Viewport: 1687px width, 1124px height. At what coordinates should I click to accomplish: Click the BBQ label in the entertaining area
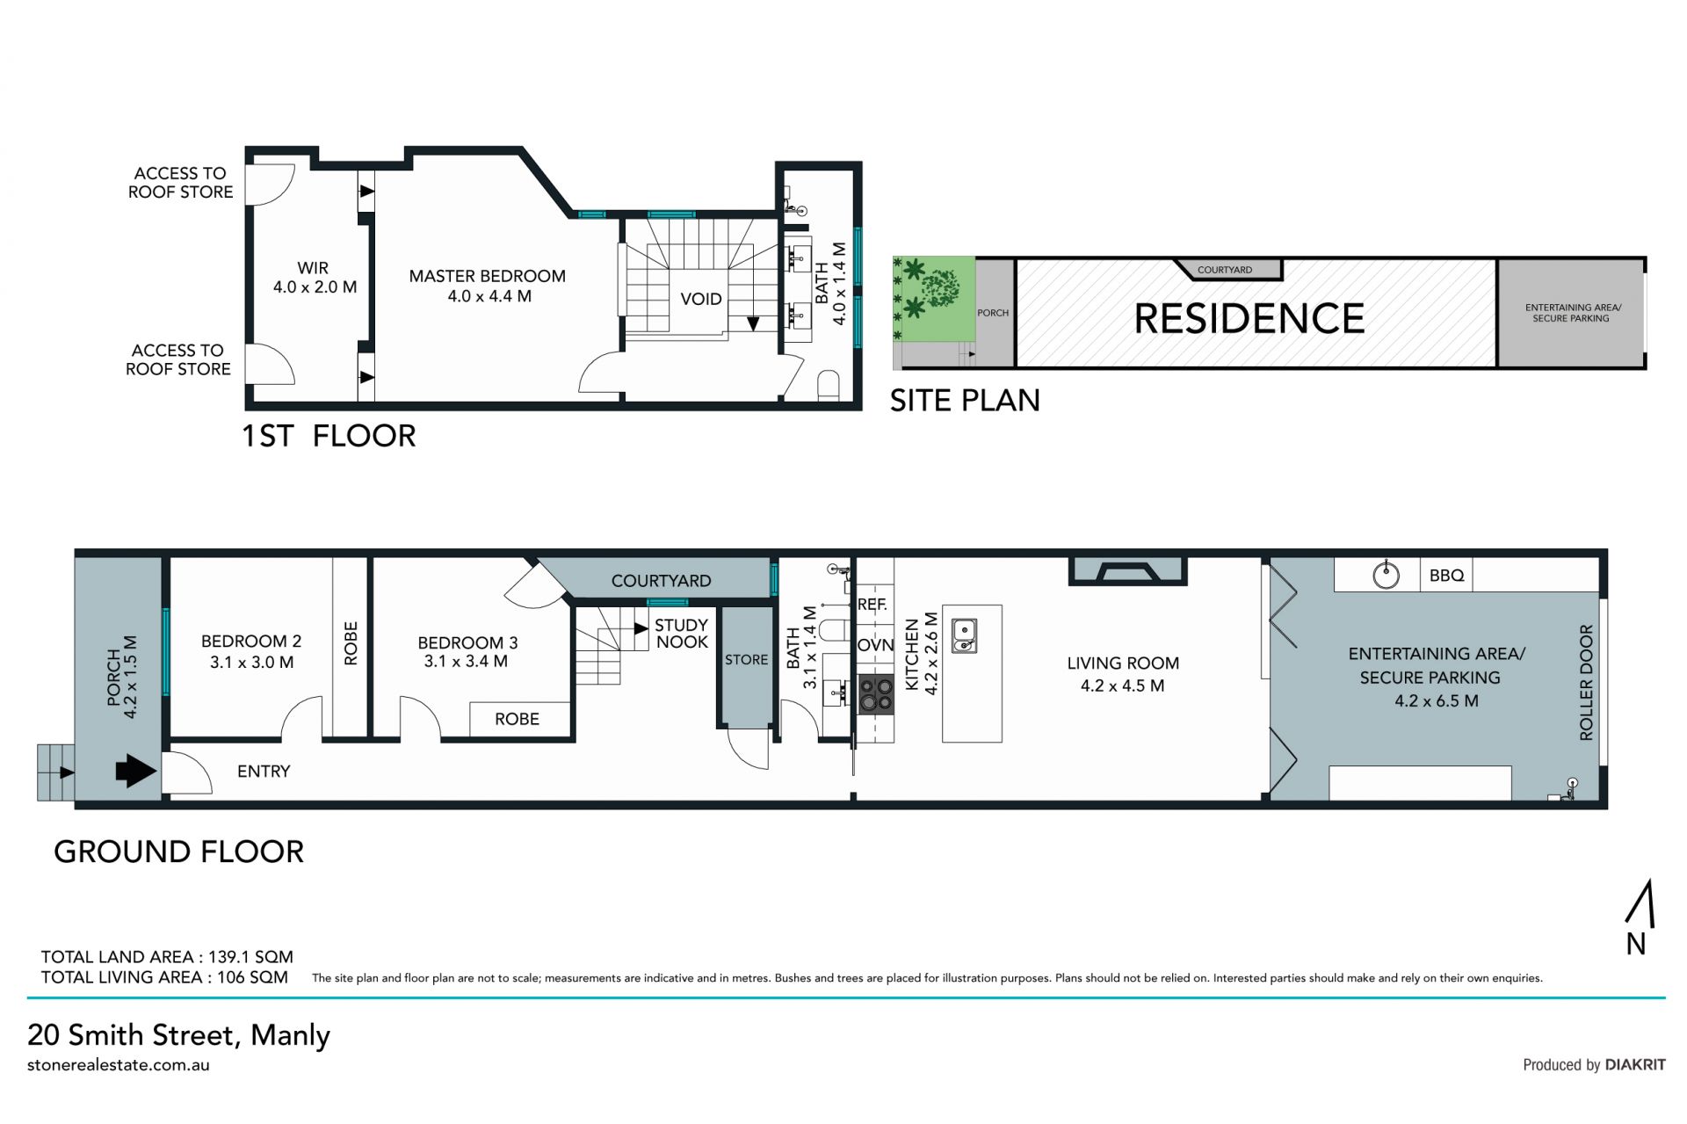[x=1446, y=576]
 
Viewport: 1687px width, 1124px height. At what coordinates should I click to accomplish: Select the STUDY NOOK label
[x=681, y=634]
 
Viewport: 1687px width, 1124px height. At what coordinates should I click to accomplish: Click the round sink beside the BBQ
[x=1386, y=575]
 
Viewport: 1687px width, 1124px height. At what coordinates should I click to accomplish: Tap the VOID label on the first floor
[x=701, y=299]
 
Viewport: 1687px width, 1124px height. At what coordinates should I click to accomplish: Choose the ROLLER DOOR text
[x=1586, y=682]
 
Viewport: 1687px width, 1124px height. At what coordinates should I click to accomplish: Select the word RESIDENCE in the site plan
[x=1249, y=318]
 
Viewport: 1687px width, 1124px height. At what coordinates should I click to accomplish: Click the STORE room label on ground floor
[x=746, y=660]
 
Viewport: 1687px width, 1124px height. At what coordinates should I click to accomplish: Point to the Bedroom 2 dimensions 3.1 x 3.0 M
[x=251, y=662]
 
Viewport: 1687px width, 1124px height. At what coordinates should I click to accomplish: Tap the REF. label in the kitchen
[x=872, y=605]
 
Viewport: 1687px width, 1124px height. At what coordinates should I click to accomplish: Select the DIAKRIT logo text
[x=1635, y=1064]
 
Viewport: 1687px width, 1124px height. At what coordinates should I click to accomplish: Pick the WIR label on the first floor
[x=313, y=268]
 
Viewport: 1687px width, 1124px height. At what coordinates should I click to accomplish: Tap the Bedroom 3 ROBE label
[x=517, y=719]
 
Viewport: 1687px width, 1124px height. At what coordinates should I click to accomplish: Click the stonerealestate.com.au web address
[x=119, y=1065]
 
